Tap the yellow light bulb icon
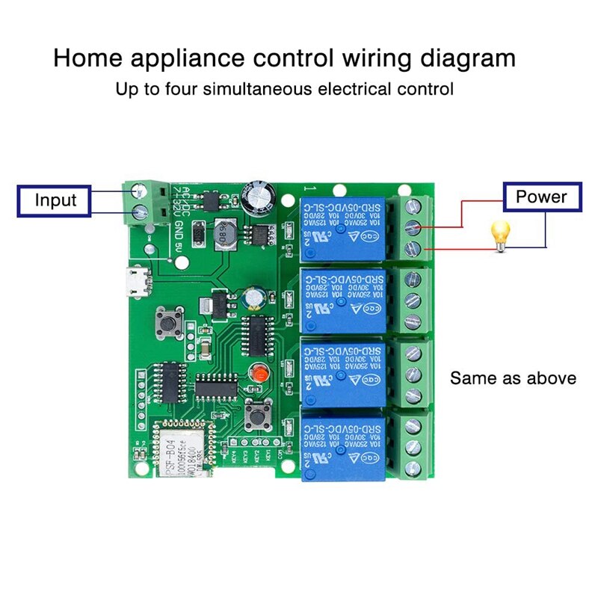point(499,232)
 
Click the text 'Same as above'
point(513,378)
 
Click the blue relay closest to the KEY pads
point(343,449)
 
